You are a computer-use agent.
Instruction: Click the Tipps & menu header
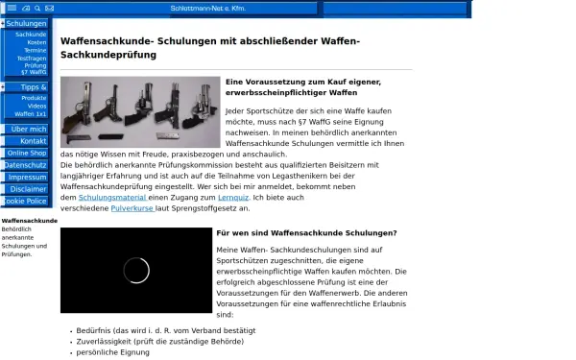click(x=32, y=86)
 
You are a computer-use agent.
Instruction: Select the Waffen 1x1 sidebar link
click(x=31, y=114)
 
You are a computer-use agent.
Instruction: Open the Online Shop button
click(x=26, y=153)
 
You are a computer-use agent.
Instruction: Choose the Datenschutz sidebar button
click(x=25, y=165)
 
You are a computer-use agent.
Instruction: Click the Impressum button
click(x=27, y=178)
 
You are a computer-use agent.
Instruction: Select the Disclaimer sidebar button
click(x=28, y=189)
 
